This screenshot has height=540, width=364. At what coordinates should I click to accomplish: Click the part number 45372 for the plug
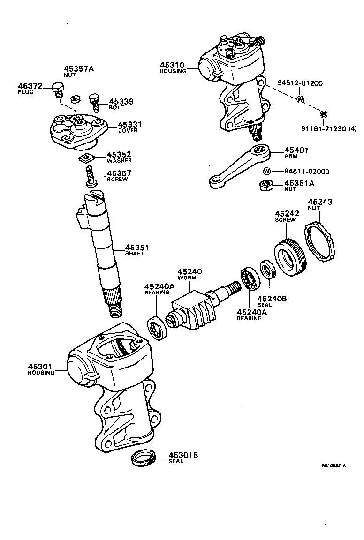pos(30,86)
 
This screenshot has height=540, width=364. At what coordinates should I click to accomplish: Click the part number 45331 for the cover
pos(129,124)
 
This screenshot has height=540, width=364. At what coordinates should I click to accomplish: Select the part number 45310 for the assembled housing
pos(172,65)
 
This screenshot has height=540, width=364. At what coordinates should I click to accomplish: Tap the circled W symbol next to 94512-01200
pos(300,99)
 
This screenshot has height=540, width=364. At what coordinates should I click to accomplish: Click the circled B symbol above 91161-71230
pos(323,114)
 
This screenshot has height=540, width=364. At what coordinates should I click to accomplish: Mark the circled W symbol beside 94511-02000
pos(267,171)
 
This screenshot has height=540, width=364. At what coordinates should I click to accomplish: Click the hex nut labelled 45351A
pos(266,186)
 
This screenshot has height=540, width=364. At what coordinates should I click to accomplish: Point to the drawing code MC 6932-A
pos(334,465)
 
